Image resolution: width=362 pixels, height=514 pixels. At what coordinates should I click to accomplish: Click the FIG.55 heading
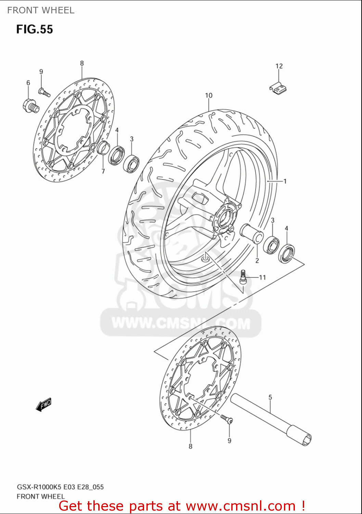point(35,29)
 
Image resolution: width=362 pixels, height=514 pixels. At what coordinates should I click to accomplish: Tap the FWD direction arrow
point(44,405)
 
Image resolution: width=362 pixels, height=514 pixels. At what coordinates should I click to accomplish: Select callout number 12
point(279,66)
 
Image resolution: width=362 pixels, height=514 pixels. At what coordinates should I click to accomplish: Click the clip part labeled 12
point(278,88)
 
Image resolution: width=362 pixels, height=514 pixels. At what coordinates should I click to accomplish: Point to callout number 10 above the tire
point(208,95)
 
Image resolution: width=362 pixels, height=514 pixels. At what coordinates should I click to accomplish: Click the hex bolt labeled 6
point(31,106)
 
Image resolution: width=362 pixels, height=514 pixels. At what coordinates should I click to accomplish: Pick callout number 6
point(28,83)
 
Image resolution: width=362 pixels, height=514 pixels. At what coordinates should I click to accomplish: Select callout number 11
point(262,278)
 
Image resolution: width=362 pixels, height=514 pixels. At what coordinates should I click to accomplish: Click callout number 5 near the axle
point(270,397)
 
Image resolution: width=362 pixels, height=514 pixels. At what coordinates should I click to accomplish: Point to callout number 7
point(103,171)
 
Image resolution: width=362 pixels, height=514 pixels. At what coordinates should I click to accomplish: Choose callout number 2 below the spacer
point(257,260)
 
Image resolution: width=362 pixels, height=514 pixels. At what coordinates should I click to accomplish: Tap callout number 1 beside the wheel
point(285,181)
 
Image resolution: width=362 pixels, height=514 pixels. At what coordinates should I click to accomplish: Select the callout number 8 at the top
point(82,63)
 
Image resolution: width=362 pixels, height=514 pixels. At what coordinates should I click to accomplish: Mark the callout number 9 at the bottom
point(229,441)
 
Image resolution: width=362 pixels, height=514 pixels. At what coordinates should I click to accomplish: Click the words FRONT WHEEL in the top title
point(41,10)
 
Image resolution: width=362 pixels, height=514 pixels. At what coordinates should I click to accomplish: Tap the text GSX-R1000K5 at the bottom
point(38,487)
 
